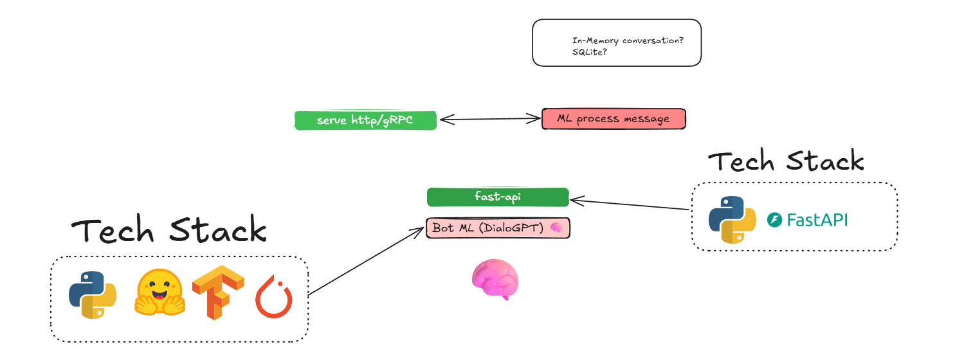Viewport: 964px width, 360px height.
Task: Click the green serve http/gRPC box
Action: [365, 120]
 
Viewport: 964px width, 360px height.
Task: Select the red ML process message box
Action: [614, 119]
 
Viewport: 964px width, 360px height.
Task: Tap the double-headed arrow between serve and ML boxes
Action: [489, 118]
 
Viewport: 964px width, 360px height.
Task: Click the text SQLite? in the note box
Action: [590, 51]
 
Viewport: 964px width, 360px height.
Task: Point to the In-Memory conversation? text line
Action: [628, 40]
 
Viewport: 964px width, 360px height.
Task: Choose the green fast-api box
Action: [498, 197]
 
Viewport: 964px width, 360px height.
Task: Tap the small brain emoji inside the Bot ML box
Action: [556, 228]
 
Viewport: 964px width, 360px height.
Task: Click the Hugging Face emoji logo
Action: [159, 292]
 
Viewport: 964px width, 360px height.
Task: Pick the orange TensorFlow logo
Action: [218, 293]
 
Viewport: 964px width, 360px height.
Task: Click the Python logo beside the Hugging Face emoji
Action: [93, 294]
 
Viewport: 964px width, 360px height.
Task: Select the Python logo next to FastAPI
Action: [732, 220]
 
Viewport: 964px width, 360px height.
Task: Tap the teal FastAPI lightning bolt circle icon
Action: [774, 221]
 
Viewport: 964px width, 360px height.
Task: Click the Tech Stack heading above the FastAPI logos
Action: [786, 161]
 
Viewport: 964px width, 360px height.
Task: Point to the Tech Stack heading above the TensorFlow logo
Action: [168, 230]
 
